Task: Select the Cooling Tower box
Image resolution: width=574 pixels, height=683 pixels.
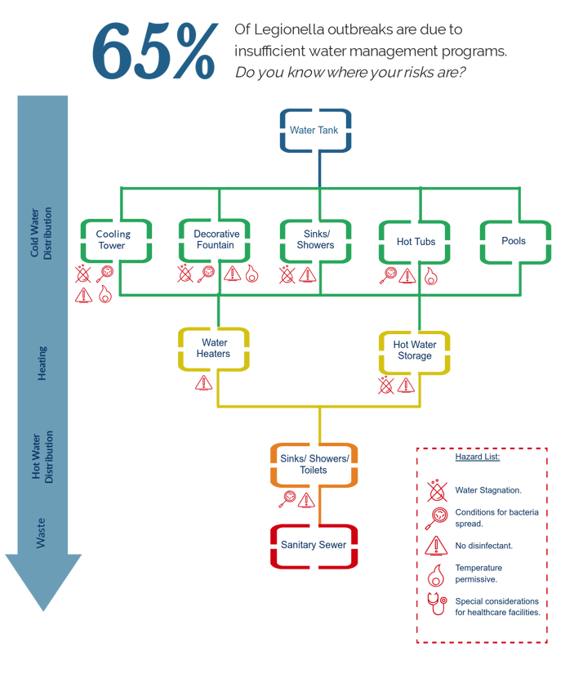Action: [116, 240]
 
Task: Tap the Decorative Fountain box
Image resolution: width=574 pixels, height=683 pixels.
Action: [217, 240]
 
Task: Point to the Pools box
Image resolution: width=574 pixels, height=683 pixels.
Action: [514, 242]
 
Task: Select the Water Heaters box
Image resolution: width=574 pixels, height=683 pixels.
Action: [214, 349]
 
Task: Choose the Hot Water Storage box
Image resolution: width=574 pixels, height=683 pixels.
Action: [415, 350]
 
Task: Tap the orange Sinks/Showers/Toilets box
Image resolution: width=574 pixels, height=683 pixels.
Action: [314, 464]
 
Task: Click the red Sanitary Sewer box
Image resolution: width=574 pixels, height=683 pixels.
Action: [314, 545]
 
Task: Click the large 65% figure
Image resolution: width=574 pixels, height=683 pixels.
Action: [156, 51]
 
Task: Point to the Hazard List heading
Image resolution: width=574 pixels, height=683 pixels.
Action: [478, 457]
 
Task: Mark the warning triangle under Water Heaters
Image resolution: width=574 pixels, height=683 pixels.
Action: [203, 382]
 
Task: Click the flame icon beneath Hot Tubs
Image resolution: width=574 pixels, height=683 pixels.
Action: [429, 276]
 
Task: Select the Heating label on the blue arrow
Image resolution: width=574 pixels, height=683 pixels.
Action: [42, 363]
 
